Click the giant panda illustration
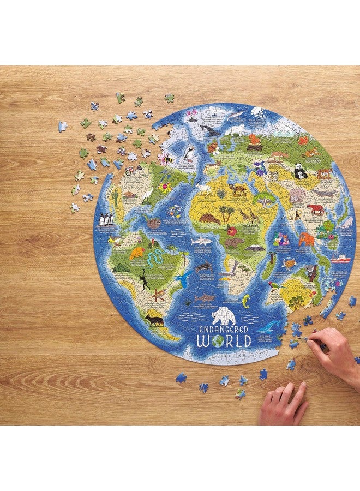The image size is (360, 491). tap(300, 172)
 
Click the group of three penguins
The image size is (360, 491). tap(107, 219)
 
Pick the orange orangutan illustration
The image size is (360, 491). tap(306, 239)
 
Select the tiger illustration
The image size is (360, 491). tap(315, 208)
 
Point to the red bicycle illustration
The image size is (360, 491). tap(130, 171)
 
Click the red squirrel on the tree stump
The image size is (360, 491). tap(255, 141)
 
